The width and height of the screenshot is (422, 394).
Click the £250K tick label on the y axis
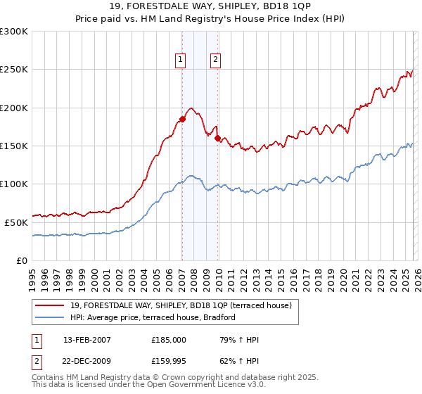pyautogui.click(x=14, y=70)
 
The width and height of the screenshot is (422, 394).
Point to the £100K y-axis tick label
pyautogui.click(x=14, y=184)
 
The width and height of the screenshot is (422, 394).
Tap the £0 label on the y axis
pyautogui.click(x=21, y=260)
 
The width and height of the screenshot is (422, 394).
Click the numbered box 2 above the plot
pyautogui.click(x=215, y=61)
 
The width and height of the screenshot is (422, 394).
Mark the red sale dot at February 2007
pyautogui.click(x=182, y=120)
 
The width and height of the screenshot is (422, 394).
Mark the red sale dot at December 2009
pyautogui.click(x=217, y=138)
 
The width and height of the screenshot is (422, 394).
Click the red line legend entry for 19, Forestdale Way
pyautogui.click(x=176, y=305)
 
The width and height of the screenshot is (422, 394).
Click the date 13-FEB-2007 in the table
pyautogui.click(x=87, y=340)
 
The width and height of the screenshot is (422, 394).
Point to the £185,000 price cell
pyautogui.click(x=170, y=340)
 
